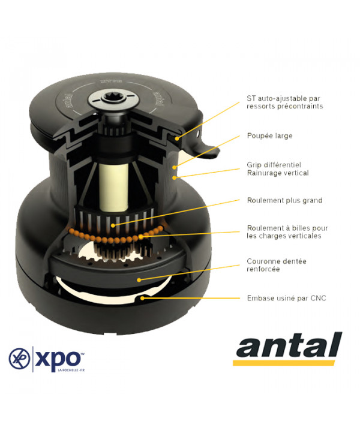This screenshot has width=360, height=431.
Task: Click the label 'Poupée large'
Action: tap(269, 136)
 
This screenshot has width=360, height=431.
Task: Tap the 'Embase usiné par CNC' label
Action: tap(286, 299)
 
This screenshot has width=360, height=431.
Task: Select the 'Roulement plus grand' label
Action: tap(284, 200)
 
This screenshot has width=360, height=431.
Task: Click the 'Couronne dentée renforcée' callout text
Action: tap(277, 265)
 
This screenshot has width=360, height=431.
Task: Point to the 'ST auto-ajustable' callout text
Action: tap(284, 103)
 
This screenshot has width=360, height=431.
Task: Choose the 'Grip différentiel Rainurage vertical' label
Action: tap(277, 169)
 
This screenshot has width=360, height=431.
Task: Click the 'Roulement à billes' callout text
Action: tap(287, 232)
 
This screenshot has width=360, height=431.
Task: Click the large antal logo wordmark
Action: tap(289, 345)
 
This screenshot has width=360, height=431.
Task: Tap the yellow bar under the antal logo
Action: tap(284, 363)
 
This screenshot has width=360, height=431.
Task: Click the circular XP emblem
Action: tap(19, 358)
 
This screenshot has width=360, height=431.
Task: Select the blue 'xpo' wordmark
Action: tap(58, 358)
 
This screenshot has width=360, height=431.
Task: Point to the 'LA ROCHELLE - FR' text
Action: tap(71, 370)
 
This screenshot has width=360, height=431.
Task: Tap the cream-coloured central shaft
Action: tap(114, 187)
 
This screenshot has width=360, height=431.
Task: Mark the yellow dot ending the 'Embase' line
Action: tap(142, 298)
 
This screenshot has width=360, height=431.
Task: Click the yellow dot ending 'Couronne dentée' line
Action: tap(139, 280)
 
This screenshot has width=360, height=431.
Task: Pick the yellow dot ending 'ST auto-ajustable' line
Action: tap(177, 138)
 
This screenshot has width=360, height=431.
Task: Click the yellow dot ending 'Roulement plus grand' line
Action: tap(113, 225)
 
